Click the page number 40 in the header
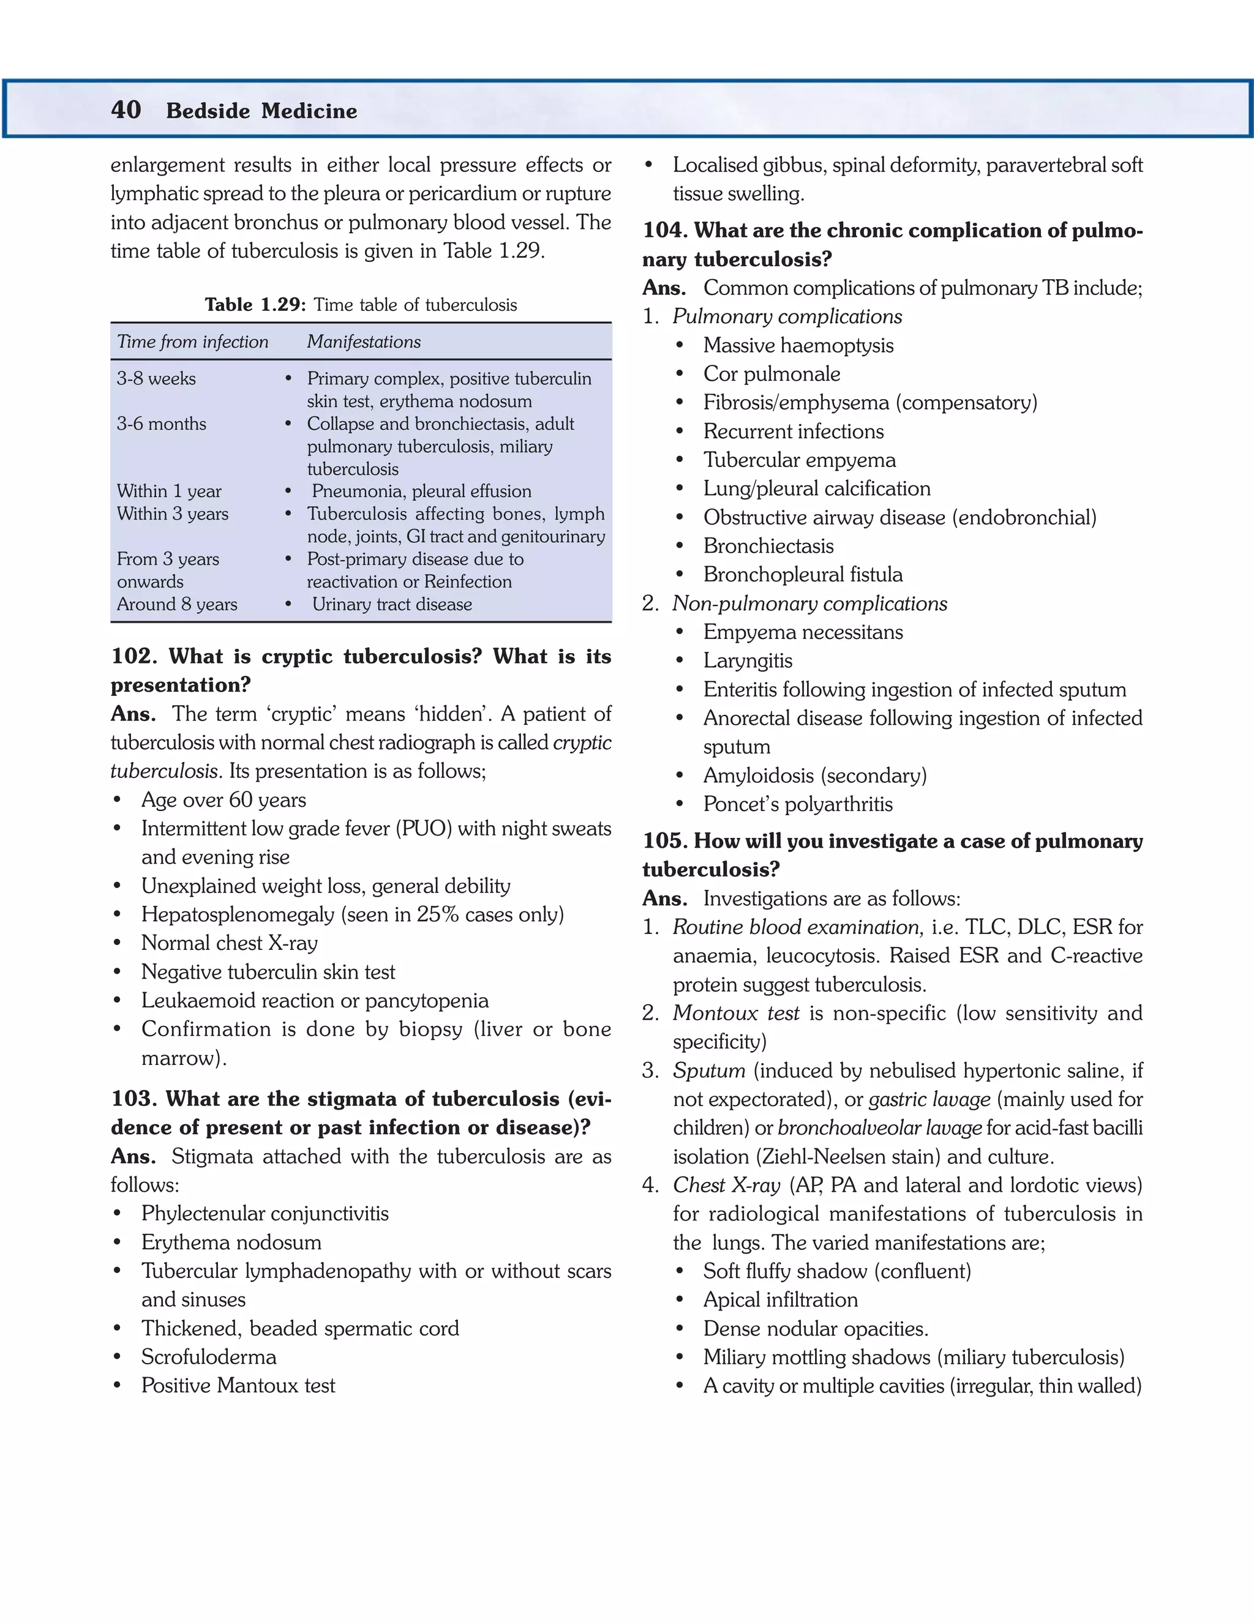coord(126,110)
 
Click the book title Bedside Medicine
coord(261,111)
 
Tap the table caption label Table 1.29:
coord(255,305)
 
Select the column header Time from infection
coord(192,342)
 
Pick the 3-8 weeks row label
coord(156,379)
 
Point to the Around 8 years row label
coord(177,605)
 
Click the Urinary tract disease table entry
coord(391,605)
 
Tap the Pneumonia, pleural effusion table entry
coord(421,491)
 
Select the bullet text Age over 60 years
coord(223,800)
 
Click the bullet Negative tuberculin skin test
coord(268,972)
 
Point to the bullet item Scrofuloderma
coord(209,1357)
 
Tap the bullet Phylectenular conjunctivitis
coord(265,1214)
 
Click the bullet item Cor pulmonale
coord(772,375)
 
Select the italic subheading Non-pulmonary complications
coord(809,604)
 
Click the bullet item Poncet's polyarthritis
coord(798,804)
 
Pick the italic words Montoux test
coord(735,1014)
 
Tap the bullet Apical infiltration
coord(780,1299)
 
